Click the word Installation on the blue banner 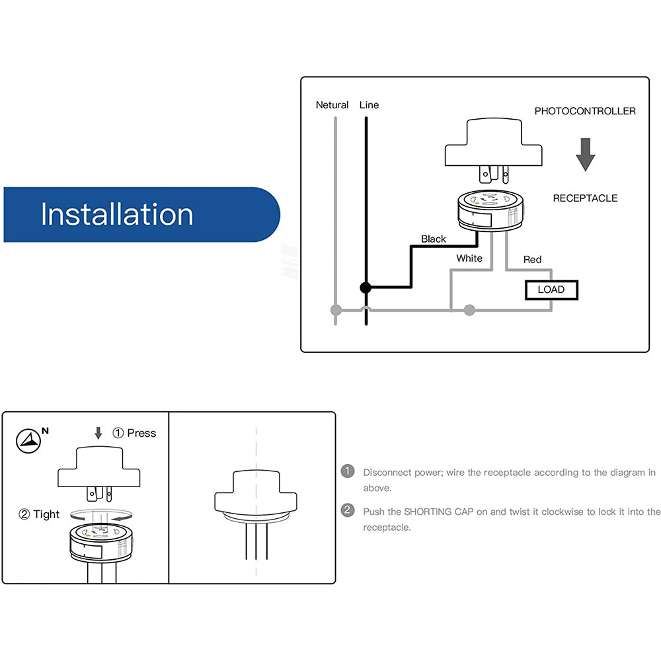pos(117,215)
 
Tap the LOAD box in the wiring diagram pos(551,290)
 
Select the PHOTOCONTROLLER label pos(585,111)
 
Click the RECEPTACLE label pos(585,198)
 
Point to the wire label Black pos(434,239)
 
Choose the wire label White pos(469,258)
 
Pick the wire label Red pos(532,259)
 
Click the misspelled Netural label pos(332,105)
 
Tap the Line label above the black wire pos(369,105)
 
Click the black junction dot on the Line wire pos(365,288)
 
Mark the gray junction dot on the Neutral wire pos(336,309)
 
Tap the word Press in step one pos(141,433)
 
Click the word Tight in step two pos(46,514)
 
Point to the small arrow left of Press pos(98,433)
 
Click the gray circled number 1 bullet pos(347,472)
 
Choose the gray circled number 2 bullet pos(347,511)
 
